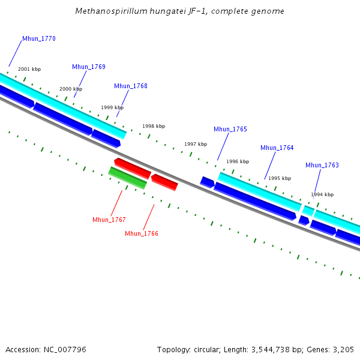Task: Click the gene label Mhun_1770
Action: (x=39, y=39)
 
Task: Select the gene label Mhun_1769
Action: (x=89, y=67)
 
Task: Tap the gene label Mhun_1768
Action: (x=131, y=86)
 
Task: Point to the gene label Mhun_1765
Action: (x=230, y=130)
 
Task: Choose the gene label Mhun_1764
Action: (x=277, y=148)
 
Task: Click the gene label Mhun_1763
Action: (x=322, y=166)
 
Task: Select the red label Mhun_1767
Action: (x=109, y=220)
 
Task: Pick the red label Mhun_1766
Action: (x=142, y=234)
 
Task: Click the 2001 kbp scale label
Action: (x=29, y=70)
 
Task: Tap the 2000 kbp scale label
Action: (x=71, y=89)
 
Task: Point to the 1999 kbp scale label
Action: (x=112, y=108)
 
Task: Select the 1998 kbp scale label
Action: (x=154, y=127)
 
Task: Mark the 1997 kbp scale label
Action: (x=196, y=145)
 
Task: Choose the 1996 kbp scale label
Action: (x=238, y=162)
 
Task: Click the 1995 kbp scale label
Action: (x=280, y=179)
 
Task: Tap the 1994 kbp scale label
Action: (x=322, y=195)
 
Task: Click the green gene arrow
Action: (x=127, y=178)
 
